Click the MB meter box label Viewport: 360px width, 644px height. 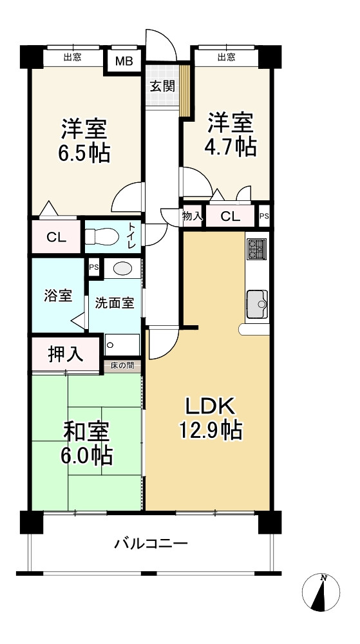pyautogui.click(x=124, y=61)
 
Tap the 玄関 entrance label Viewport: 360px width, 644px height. pyautogui.click(x=162, y=86)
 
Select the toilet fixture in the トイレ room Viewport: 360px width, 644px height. pyautogui.click(x=102, y=236)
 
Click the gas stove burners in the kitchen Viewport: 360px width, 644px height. pyautogui.click(x=256, y=249)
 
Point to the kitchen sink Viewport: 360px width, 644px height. pyautogui.click(x=258, y=305)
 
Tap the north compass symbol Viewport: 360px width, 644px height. pyautogui.click(x=321, y=592)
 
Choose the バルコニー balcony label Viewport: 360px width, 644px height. pyautogui.click(x=151, y=544)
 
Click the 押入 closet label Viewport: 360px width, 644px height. pyautogui.click(x=66, y=354)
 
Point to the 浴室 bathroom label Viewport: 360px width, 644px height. pyautogui.click(x=58, y=296)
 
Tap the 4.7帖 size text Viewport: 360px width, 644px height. pyautogui.click(x=231, y=146)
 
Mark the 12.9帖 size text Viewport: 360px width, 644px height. pyautogui.click(x=210, y=430)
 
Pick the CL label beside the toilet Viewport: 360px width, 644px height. pyautogui.click(x=57, y=238)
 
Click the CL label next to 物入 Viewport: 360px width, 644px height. pyautogui.click(x=231, y=217)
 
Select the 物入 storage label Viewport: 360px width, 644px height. pyautogui.click(x=193, y=216)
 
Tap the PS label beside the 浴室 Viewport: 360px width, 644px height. pyautogui.click(x=94, y=267)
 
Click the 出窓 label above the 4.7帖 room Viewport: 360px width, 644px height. pyautogui.click(x=226, y=57)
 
